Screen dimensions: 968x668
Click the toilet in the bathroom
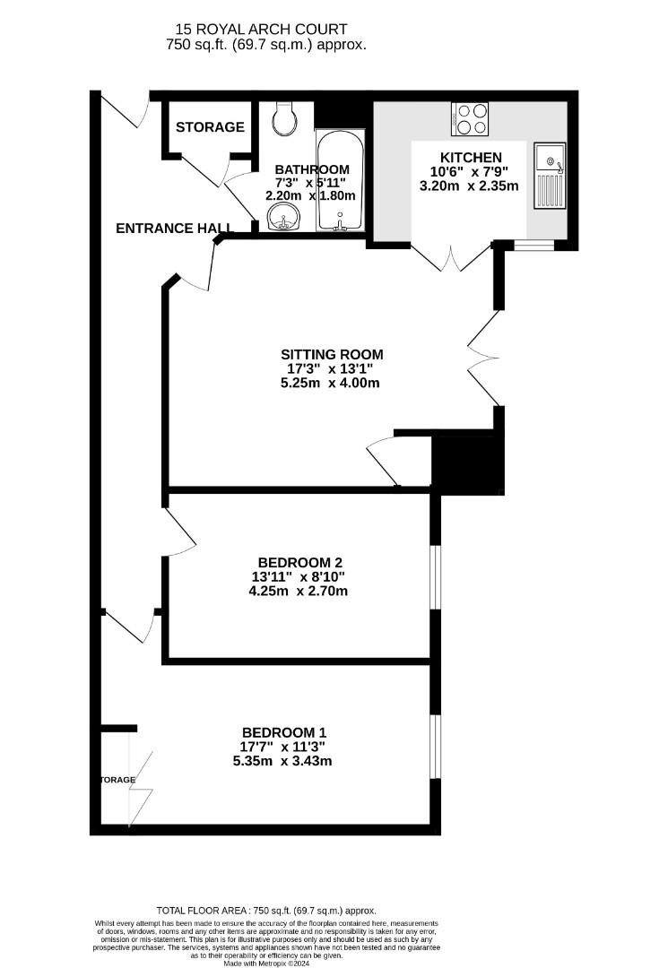(x=286, y=118)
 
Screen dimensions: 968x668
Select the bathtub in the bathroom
(x=340, y=179)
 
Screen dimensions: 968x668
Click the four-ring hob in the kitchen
(x=473, y=119)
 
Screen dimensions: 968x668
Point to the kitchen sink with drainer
(x=547, y=175)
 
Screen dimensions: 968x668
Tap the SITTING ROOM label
(x=331, y=353)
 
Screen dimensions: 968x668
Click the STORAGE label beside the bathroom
(x=210, y=127)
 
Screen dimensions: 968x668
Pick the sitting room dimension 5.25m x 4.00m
(x=331, y=383)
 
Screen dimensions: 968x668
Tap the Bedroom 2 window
(x=435, y=577)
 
